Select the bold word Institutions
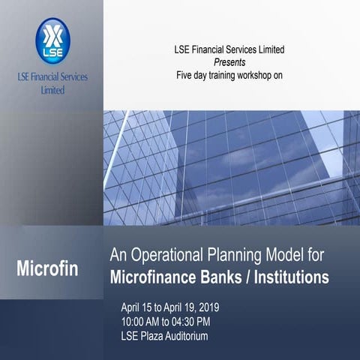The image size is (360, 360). coord(295,277)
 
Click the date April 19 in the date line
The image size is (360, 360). coord(192,308)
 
